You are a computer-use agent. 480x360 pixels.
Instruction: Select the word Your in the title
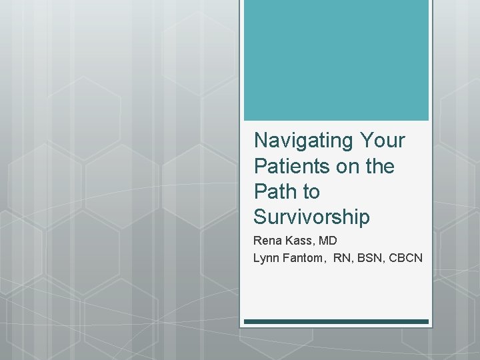tap(382, 141)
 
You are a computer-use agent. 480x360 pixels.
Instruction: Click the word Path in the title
tap(275, 191)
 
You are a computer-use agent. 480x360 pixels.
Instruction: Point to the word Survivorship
tap(311, 217)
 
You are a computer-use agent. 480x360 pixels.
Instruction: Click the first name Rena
tap(267, 241)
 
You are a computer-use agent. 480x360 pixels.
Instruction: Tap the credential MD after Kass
tap(328, 241)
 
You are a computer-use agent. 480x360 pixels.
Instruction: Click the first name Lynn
tap(267, 257)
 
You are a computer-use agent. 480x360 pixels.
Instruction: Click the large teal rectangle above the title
tap(336, 60)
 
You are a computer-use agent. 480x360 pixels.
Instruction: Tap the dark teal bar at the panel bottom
tap(336, 321)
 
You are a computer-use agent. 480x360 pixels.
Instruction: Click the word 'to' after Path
tap(311, 191)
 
